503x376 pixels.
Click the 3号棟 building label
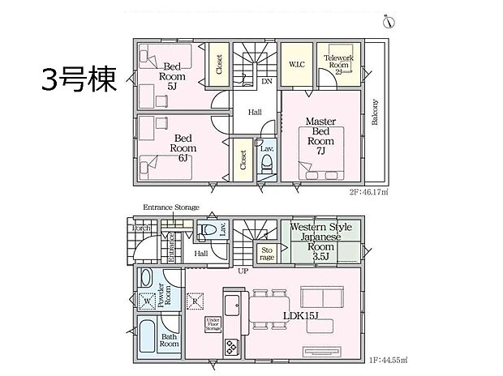click(80, 79)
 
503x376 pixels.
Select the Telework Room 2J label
click(337, 62)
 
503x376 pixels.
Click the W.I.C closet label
click(296, 62)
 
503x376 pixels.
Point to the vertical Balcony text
click(375, 113)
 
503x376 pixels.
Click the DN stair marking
click(266, 81)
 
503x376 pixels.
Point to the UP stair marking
click(243, 271)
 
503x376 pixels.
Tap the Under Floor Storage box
click(213, 324)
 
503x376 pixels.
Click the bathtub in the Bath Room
click(148, 334)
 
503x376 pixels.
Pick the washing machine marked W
click(147, 301)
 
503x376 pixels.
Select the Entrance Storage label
click(171, 208)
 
